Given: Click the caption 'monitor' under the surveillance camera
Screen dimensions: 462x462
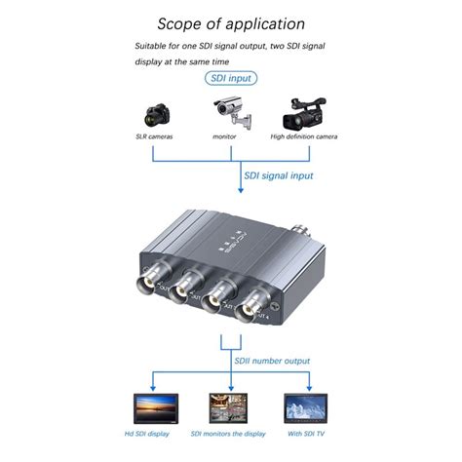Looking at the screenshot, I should click(225, 138).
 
